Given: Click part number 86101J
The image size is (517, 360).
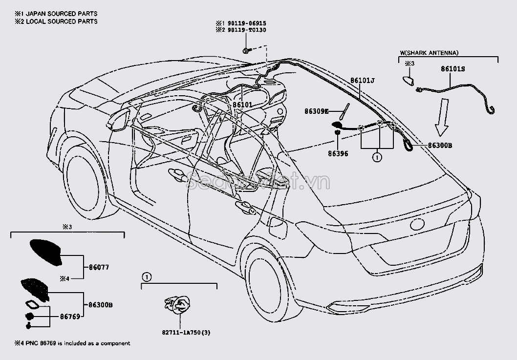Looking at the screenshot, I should pyautogui.click(x=362, y=80).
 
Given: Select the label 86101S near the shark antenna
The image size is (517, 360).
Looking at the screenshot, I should pyautogui.click(x=453, y=69).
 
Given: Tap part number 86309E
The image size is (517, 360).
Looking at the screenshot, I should pyautogui.click(x=317, y=111).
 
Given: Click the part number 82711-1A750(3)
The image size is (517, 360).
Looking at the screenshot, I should pyautogui.click(x=179, y=333).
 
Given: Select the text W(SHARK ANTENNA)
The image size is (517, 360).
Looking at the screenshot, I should pyautogui.click(x=429, y=52).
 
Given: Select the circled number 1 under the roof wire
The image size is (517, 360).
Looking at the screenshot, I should pyautogui.click(x=377, y=157).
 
